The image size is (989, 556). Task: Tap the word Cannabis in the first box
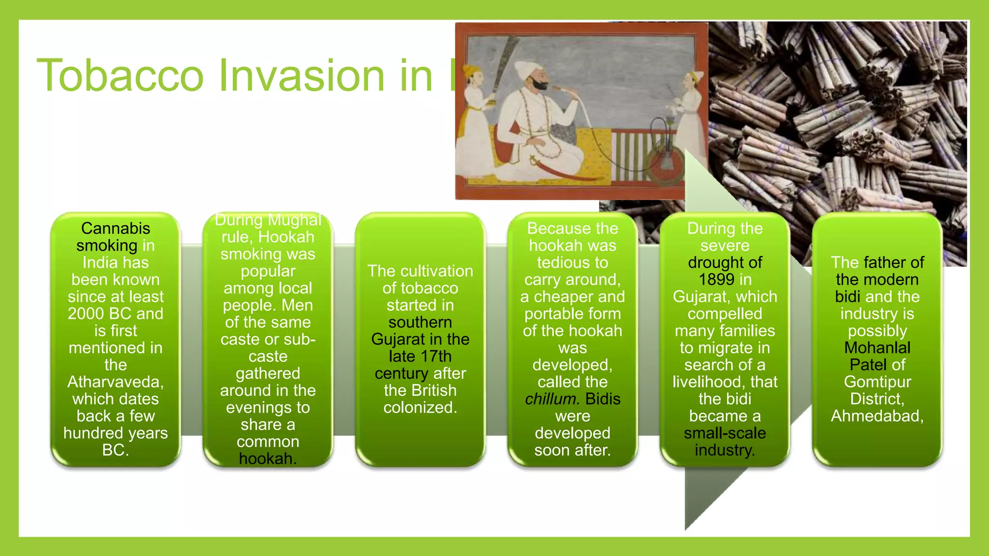pyautogui.click(x=115, y=228)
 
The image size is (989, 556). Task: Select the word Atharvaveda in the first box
pyautogui.click(x=115, y=382)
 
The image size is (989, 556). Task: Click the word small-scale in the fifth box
pyautogui.click(x=724, y=433)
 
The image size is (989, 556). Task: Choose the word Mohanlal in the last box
pyautogui.click(x=877, y=347)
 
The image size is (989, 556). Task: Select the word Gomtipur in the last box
pyautogui.click(x=877, y=382)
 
